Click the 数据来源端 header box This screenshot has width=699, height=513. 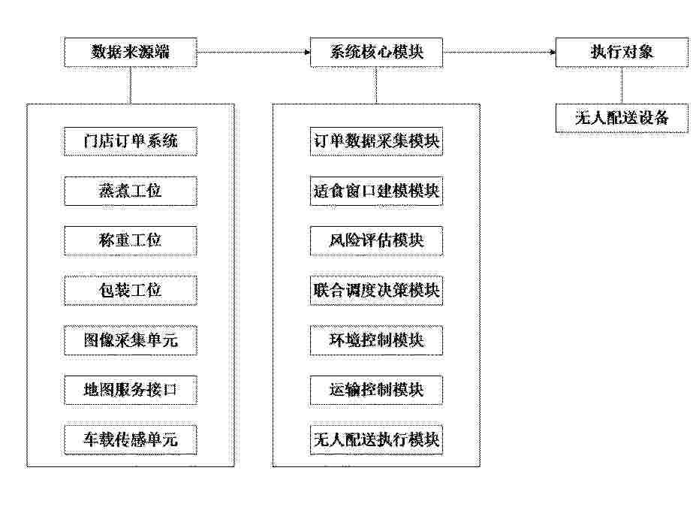(x=131, y=52)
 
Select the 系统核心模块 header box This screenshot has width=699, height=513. (x=377, y=52)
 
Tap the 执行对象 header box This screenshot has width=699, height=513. (x=622, y=52)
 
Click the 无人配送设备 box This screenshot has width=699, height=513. (x=622, y=118)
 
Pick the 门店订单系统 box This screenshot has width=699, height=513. (x=131, y=141)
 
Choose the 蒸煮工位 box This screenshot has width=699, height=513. (x=131, y=191)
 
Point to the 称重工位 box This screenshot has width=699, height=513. (x=131, y=241)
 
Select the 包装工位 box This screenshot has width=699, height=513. (x=131, y=291)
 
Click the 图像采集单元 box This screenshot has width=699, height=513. (x=131, y=340)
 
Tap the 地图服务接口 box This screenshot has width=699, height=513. (x=131, y=390)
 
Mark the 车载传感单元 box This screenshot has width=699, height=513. (x=131, y=440)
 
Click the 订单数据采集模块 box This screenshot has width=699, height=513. (x=377, y=141)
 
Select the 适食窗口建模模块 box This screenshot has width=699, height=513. (x=377, y=191)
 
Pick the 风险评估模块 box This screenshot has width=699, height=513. (x=377, y=241)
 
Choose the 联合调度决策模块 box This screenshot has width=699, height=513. (x=377, y=291)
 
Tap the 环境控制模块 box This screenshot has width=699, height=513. (x=377, y=340)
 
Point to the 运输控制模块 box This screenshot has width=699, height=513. (x=377, y=390)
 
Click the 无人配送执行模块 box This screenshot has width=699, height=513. (x=377, y=440)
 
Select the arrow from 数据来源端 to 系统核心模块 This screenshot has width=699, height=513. (x=254, y=52)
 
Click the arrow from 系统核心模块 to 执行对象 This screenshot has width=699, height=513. (x=499, y=52)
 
